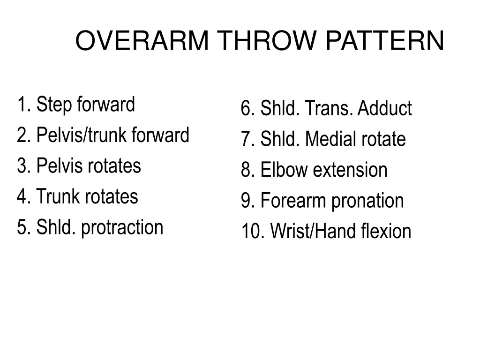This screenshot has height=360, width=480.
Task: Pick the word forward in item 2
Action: pyautogui.click(x=160, y=135)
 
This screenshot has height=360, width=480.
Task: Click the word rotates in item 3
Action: pyautogui.click(x=114, y=165)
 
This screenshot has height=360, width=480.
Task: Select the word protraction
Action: pyautogui.click(x=122, y=228)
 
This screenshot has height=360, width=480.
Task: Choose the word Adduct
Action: pyautogui.click(x=384, y=109)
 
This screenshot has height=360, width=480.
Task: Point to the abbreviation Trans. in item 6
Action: pyautogui.click(x=330, y=109)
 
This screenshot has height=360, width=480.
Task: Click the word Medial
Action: pyautogui.click(x=331, y=139)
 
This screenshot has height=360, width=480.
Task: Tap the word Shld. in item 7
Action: pyautogui.click(x=280, y=139)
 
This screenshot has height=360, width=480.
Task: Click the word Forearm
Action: pyautogui.click(x=293, y=201)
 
